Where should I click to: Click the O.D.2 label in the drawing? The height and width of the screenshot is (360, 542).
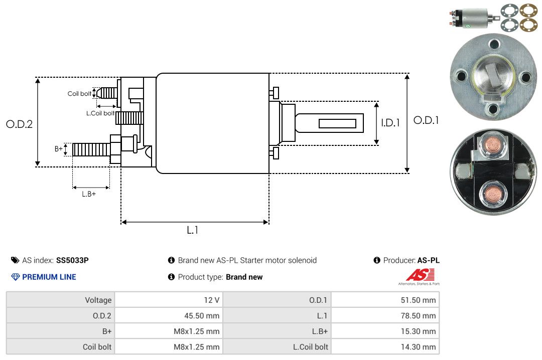pyautogui.click(x=20, y=124)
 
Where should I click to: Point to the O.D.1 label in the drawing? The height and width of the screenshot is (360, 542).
pyautogui.click(x=426, y=120)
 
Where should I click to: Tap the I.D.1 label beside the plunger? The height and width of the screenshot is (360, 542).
pyautogui.click(x=390, y=123)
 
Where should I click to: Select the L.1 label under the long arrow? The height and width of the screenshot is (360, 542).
pyautogui.click(x=193, y=230)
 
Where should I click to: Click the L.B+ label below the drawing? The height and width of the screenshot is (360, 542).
pyautogui.click(x=89, y=194)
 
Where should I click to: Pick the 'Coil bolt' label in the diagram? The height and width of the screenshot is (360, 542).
pyautogui.click(x=79, y=94)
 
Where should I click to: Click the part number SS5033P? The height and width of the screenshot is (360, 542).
pyautogui.click(x=72, y=260)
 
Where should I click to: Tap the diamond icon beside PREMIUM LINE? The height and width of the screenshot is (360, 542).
pyautogui.click(x=16, y=277)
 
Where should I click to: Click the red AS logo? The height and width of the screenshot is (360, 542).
pyautogui.click(x=421, y=275)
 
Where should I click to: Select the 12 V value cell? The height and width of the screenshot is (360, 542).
pyautogui.click(x=169, y=300)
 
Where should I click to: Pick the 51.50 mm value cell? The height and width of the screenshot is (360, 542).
pyautogui.click(x=385, y=300)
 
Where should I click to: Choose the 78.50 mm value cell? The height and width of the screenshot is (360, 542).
pyautogui.click(x=385, y=315)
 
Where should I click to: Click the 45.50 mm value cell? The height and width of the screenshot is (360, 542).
pyautogui.click(x=169, y=315)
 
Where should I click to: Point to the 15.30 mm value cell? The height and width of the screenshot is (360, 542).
pyautogui.click(x=385, y=331)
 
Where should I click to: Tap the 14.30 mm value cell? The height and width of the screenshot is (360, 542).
pyautogui.click(x=385, y=346)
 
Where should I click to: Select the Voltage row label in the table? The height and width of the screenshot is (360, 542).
pyautogui.click(x=98, y=300)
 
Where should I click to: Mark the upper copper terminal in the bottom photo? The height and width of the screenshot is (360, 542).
pyautogui.click(x=493, y=145)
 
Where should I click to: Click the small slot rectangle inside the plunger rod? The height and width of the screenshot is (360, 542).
pyautogui.click(x=337, y=124)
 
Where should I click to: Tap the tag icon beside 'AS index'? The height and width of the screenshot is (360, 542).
pyautogui.click(x=15, y=260)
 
